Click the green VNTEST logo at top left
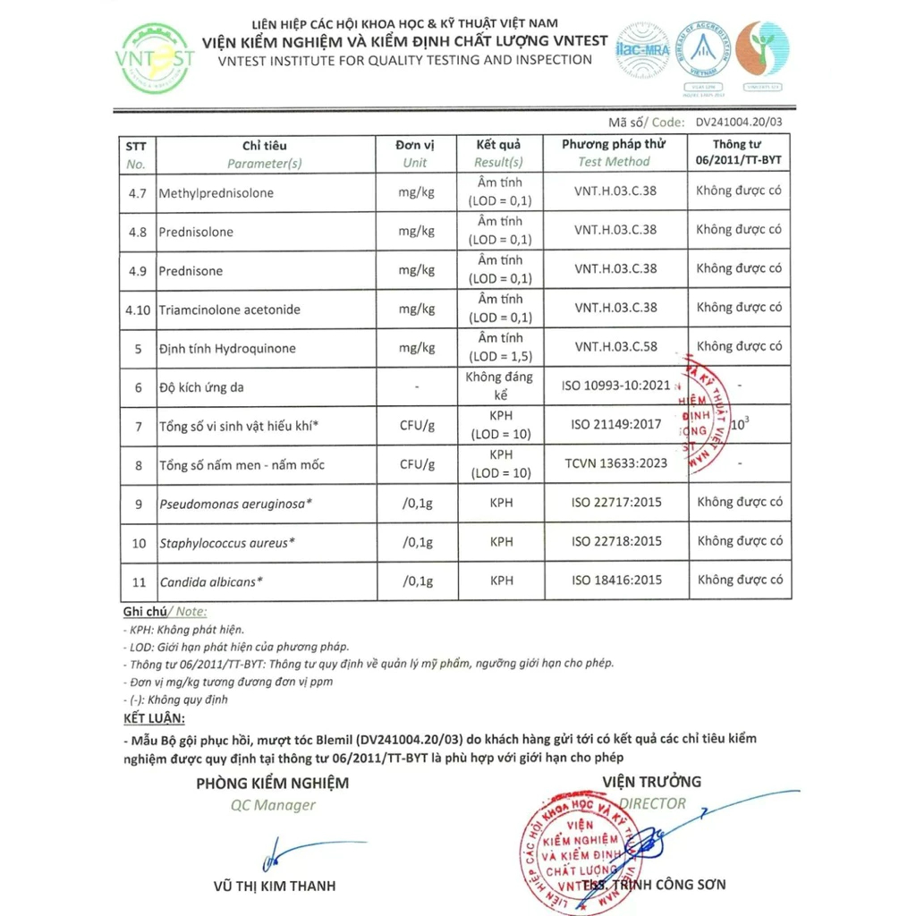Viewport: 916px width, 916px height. tap(156, 58)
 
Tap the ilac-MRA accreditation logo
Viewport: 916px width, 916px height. tap(642, 50)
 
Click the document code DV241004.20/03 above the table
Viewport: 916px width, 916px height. tap(738, 122)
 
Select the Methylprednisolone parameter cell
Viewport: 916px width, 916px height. tap(216, 193)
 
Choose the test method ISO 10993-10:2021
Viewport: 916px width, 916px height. tap(615, 386)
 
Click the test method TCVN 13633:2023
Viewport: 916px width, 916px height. tap(615, 463)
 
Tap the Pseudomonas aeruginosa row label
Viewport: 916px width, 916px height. tap(235, 504)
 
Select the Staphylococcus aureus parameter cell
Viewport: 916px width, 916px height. tap(227, 542)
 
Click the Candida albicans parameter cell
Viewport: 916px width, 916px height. tap(211, 581)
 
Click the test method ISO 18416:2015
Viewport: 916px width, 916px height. tap(617, 580)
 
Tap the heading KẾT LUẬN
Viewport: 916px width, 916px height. tap(154, 718)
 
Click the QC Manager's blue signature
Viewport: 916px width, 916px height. tap(286, 852)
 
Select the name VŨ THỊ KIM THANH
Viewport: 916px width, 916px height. tap(275, 886)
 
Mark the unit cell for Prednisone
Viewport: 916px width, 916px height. tap(417, 270)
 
